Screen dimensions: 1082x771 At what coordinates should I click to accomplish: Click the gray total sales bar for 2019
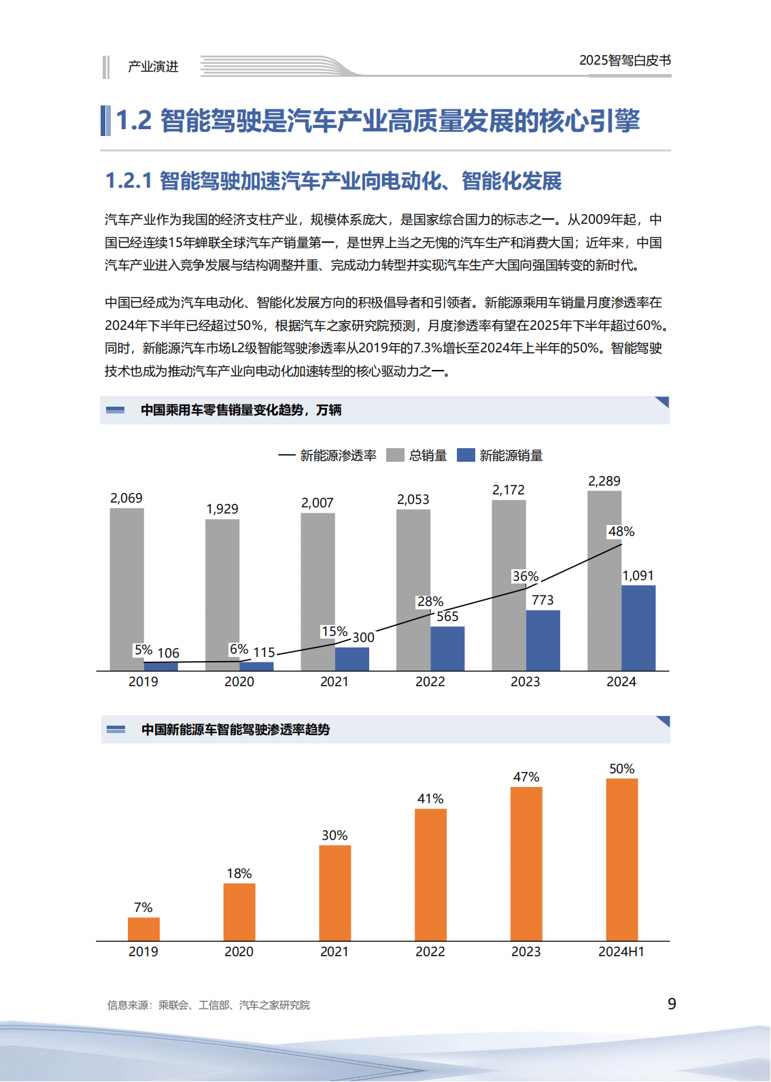(x=126, y=589)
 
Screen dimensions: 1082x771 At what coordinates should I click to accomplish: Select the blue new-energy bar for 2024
(x=638, y=628)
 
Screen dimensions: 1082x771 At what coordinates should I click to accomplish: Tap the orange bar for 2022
(x=430, y=875)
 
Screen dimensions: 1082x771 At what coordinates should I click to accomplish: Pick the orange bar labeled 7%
(x=143, y=929)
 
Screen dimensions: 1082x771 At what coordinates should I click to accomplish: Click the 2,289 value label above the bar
(x=604, y=481)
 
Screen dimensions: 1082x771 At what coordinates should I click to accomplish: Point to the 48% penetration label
(x=621, y=532)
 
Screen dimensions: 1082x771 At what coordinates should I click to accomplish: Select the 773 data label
(x=543, y=601)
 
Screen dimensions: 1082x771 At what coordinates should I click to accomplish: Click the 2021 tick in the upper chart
(x=335, y=682)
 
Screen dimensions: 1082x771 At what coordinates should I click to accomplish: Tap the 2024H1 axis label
(x=621, y=952)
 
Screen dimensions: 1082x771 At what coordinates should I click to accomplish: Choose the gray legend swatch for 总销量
(x=395, y=456)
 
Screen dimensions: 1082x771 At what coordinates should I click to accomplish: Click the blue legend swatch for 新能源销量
(x=466, y=456)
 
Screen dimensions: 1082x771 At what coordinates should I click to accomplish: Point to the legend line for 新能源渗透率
(x=286, y=456)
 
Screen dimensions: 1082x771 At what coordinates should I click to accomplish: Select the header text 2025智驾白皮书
(x=625, y=61)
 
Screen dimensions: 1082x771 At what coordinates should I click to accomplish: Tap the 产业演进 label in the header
(x=153, y=67)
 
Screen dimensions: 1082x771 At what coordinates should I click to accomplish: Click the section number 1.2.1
(x=128, y=182)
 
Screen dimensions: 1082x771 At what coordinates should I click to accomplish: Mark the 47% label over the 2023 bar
(x=526, y=777)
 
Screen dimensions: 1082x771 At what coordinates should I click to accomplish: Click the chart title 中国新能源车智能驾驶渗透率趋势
(x=235, y=730)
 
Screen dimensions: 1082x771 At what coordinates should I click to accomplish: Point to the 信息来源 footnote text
(x=208, y=1005)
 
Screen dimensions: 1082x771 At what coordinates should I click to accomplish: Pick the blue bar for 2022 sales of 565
(x=447, y=649)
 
